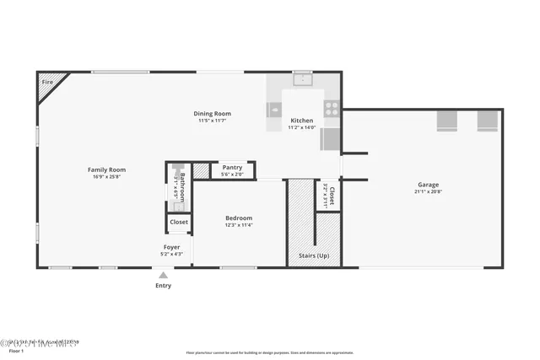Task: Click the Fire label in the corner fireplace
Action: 47,83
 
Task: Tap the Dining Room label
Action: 213,113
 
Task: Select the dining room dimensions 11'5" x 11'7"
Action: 213,121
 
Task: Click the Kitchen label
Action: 301,121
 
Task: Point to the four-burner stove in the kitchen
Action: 332,108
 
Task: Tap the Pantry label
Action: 232,167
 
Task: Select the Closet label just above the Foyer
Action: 179,222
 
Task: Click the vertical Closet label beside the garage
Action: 332,196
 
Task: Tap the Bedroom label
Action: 239,218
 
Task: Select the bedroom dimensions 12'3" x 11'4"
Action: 239,225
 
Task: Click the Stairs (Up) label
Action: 314,255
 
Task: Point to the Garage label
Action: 427,184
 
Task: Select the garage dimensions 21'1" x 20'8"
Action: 427,191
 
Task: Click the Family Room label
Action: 106,169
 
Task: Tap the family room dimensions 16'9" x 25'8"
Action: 106,177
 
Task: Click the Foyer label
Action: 172,247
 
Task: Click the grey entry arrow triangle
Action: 163,275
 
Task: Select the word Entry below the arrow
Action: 163,286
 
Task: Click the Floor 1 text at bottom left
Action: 17,351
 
